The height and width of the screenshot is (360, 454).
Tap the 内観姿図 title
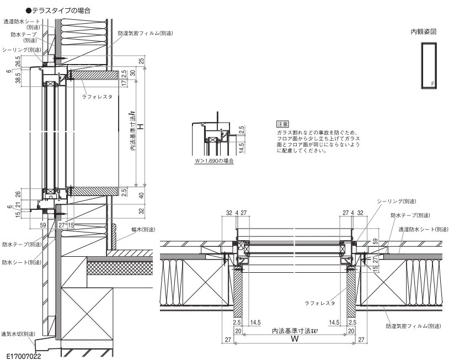click(423, 31)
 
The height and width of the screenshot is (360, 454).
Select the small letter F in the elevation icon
click(432, 84)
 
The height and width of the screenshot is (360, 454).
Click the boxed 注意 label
click(282, 124)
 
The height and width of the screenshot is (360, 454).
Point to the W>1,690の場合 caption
click(215, 161)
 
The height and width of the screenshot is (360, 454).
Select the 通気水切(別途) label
click(18, 334)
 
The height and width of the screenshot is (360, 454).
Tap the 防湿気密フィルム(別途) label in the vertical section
click(145, 33)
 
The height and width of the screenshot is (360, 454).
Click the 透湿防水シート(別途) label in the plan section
click(420, 229)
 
